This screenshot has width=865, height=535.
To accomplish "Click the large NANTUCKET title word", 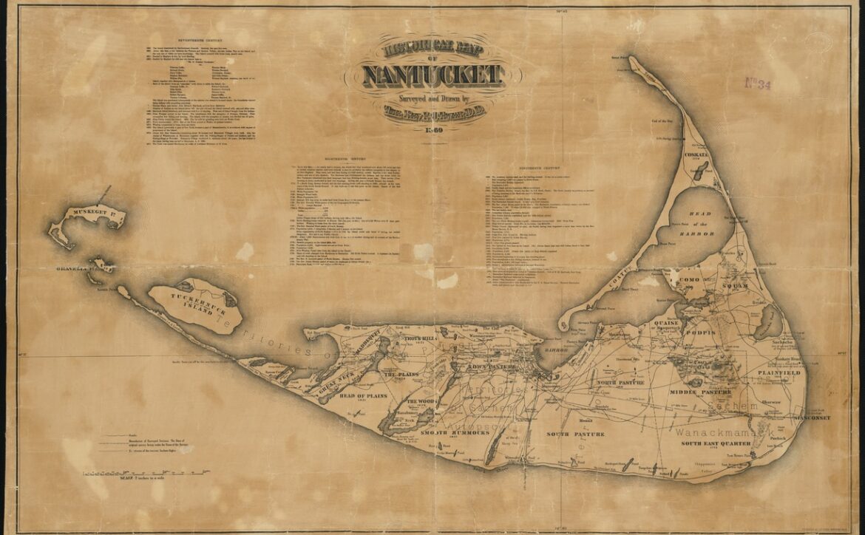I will click(433, 75).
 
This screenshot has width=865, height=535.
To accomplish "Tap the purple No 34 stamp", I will click(757, 84).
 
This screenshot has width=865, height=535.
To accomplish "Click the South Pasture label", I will click(575, 434).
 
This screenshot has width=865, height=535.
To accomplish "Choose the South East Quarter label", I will click(716, 443).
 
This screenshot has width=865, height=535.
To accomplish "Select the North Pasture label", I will click(621, 383).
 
